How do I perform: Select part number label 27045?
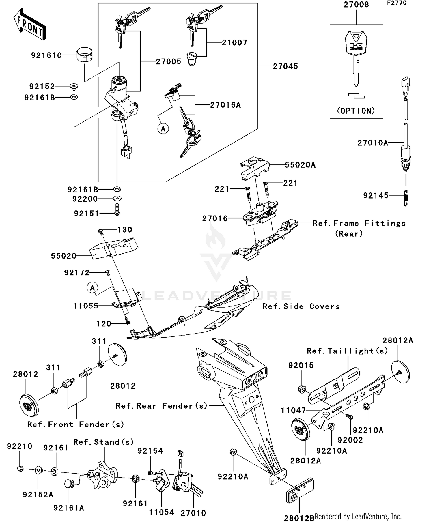pos(285,66)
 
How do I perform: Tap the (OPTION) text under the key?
pos(356,111)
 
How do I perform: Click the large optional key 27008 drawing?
pos(356,58)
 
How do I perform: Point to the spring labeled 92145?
pos(406,198)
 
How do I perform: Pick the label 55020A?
pos(300,165)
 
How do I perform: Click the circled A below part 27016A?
pos(163,128)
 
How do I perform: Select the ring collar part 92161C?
pos(85,55)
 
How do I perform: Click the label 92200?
pos(85,199)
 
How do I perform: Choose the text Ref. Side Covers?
pos(301,306)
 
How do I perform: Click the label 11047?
pos(293,410)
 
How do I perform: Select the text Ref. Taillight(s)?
pos(347,351)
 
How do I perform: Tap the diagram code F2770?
pos(397,3)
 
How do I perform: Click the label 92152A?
pos(38,495)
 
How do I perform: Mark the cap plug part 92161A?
pos(69,483)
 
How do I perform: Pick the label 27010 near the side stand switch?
pos(193,513)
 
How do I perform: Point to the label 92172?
pos(77,273)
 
